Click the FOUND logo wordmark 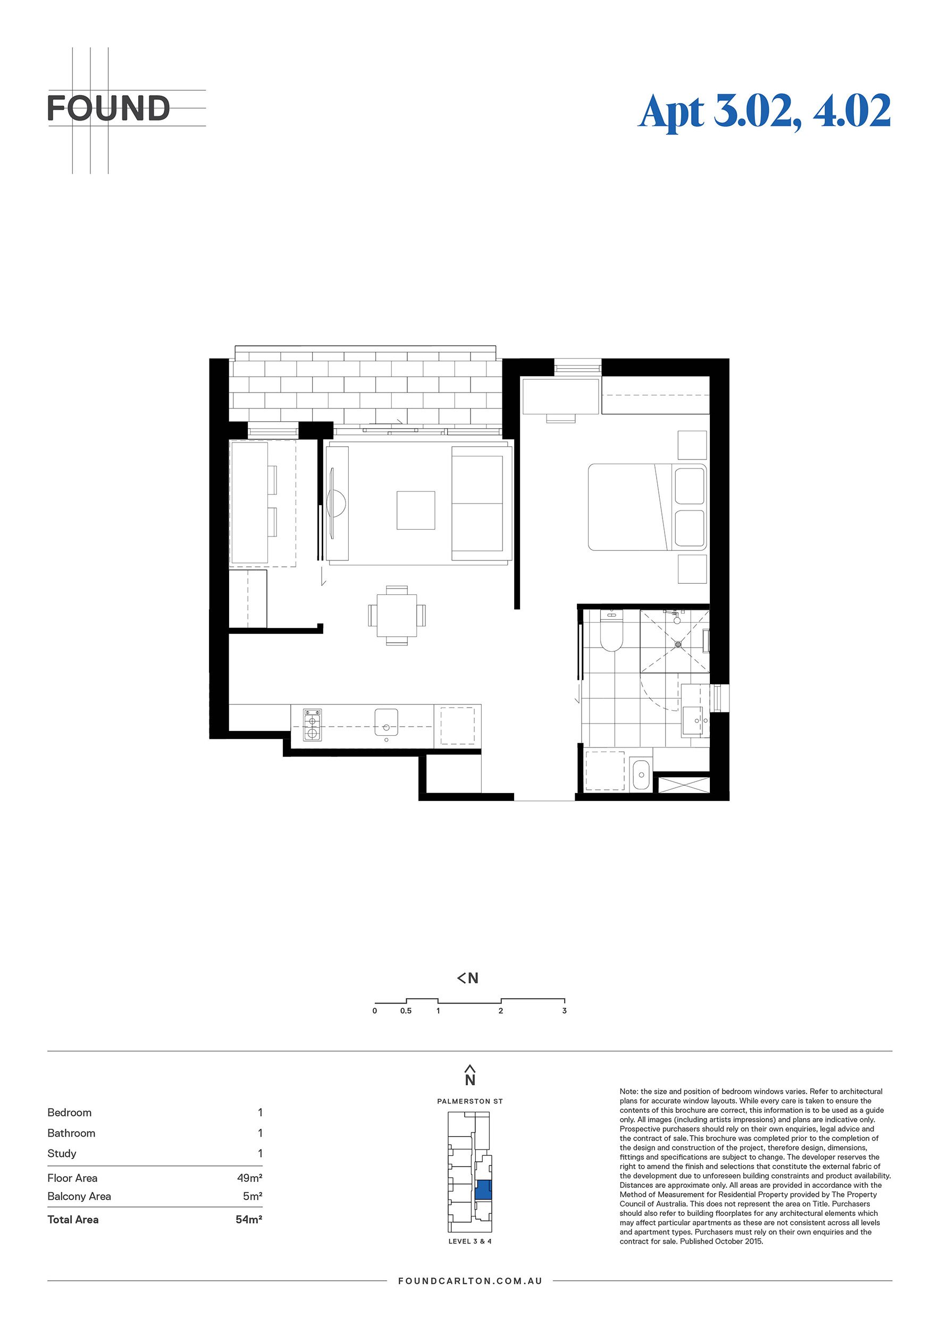108,108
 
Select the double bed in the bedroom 647,507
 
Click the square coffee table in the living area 416,510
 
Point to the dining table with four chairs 397,616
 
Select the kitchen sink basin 386,722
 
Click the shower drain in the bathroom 678,644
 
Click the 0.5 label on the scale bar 406,1010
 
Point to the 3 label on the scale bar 564,1010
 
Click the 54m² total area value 249,1219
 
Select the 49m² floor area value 249,1178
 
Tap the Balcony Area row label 79,1196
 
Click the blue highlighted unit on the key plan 483,1190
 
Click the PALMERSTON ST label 470,1101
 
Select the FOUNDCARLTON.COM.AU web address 470,1281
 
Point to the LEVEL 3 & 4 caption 470,1241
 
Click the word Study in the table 62,1153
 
